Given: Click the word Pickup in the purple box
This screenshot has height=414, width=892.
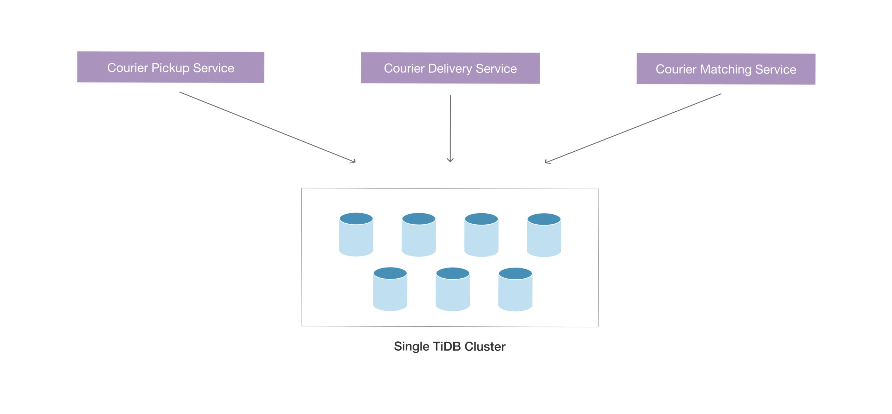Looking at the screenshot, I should [170, 68].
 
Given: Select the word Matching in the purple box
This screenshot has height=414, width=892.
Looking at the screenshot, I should [726, 70].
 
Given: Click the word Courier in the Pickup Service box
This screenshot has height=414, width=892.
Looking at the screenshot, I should [128, 68].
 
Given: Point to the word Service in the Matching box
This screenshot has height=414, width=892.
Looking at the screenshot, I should [776, 70].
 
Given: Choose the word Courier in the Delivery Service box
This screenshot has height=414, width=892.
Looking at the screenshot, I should [404, 69].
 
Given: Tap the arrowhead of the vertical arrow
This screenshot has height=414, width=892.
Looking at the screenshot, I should [450, 160].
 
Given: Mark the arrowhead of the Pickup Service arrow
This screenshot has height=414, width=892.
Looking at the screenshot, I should [353, 161].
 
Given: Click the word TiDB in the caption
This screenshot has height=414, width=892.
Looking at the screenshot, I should [447, 347].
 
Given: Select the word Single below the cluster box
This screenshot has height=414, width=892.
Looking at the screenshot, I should [412, 347].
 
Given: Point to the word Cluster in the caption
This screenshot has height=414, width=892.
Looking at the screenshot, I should [485, 347].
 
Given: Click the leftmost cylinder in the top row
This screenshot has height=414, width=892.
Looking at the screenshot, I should [356, 234].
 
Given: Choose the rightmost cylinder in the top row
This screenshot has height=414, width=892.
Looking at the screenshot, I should [544, 235].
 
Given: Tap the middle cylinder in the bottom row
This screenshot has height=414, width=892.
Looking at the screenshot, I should [453, 289].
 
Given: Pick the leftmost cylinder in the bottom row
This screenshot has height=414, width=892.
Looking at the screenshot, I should [390, 289].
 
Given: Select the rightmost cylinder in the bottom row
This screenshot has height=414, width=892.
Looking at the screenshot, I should [515, 289].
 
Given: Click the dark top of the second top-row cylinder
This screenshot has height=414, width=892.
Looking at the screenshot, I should [419, 219].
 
